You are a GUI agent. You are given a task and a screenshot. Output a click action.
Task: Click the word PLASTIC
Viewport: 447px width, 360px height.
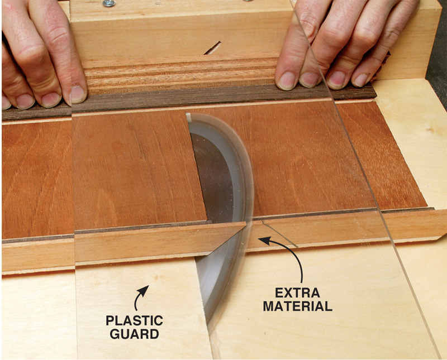[134, 321]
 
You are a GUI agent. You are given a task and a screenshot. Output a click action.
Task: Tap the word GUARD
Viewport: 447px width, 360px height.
[134, 334]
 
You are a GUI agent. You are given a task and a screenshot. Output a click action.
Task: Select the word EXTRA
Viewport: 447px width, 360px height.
[297, 293]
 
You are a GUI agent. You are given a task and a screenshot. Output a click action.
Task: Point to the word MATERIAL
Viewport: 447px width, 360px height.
[297, 306]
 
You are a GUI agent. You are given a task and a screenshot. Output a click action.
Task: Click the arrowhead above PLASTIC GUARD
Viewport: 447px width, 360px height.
[144, 290]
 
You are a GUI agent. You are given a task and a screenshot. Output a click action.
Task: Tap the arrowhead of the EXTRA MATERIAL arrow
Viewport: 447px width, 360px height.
[264, 241]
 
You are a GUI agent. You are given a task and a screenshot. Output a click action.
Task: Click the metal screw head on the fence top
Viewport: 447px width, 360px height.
[109, 3]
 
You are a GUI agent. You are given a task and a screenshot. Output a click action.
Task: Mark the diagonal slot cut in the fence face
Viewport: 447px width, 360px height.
[212, 48]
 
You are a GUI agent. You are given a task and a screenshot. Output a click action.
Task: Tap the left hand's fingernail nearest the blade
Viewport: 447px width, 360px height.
[77, 94]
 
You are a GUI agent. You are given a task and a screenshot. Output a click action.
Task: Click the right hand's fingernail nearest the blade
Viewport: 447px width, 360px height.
[287, 80]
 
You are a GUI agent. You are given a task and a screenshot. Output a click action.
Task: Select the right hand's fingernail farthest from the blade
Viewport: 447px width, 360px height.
[362, 80]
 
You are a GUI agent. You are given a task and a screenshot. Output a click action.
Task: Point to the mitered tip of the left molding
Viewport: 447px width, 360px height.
[245, 223]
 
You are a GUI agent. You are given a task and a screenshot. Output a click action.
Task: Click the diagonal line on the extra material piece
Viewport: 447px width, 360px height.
[280, 233]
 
